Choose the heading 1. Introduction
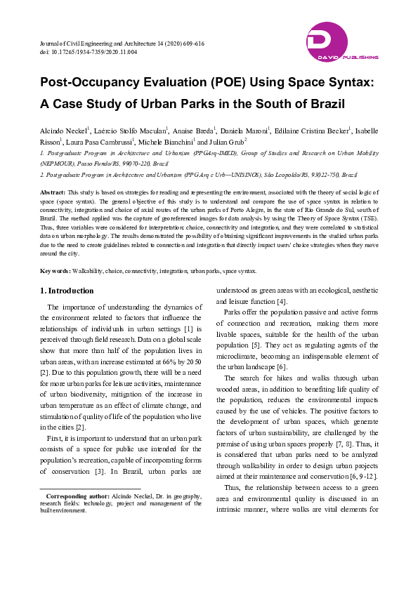tap(67, 291)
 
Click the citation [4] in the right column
tap(281, 302)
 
